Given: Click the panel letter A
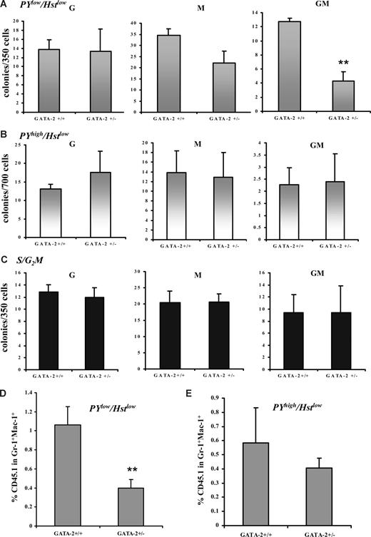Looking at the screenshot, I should pyautogui.click(x=6, y=6).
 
